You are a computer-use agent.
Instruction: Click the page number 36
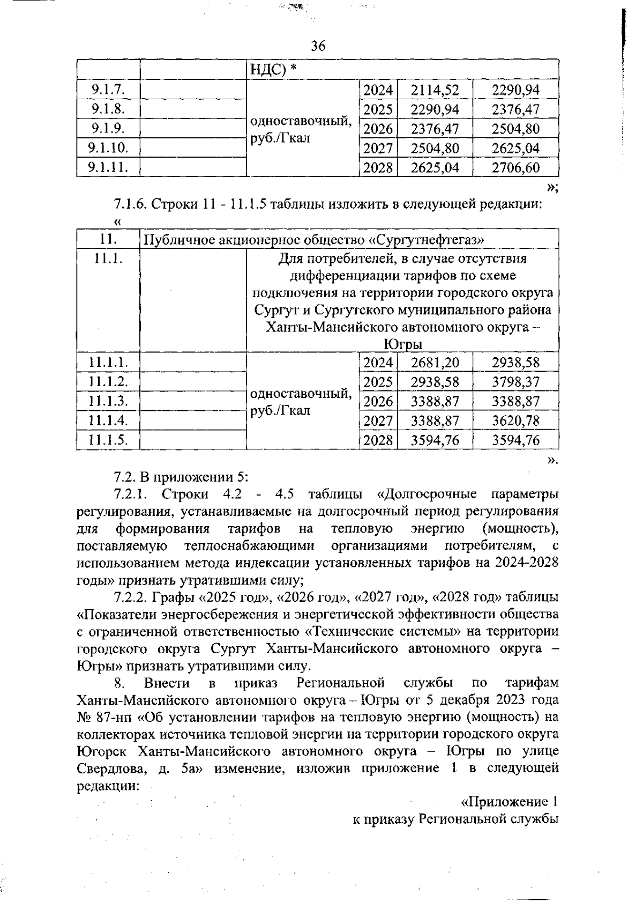(318, 46)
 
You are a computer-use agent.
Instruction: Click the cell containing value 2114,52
(435, 90)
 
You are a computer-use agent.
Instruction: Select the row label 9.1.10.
(108, 148)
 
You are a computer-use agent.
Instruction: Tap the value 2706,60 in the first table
(515, 168)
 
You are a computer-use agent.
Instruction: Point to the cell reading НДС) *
(274, 70)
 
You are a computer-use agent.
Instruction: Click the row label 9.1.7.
(108, 90)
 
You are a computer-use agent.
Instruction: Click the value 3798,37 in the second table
(515, 382)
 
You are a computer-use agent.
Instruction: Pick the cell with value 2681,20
(435, 363)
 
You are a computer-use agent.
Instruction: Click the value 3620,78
(515, 421)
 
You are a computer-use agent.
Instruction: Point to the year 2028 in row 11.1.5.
(378, 441)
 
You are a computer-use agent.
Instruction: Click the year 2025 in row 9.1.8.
(378, 109)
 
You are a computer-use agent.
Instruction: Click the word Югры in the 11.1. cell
(406, 344)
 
